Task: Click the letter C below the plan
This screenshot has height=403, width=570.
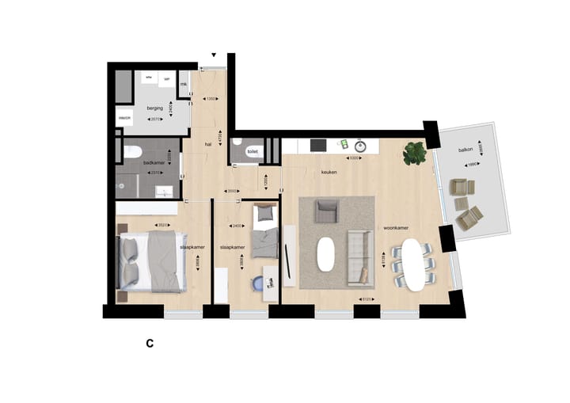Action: click(148, 344)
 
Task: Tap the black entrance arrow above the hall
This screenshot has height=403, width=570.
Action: click(213, 55)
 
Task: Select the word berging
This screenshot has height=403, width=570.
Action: click(155, 107)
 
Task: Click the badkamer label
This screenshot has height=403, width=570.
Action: click(153, 162)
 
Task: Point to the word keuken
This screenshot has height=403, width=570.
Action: click(329, 171)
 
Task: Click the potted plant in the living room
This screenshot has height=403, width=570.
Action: click(414, 153)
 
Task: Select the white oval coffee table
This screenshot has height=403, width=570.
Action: click(327, 254)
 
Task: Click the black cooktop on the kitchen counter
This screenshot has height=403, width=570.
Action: click(318, 145)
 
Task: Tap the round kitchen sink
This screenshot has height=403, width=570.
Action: click(360, 146)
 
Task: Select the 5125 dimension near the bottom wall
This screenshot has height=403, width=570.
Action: click(366, 299)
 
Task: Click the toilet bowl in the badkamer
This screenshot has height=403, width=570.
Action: click(132, 151)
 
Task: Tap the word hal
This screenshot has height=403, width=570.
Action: click(207, 145)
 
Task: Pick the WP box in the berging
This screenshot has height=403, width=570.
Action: click(167, 81)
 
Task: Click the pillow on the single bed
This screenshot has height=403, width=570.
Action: click(264, 212)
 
